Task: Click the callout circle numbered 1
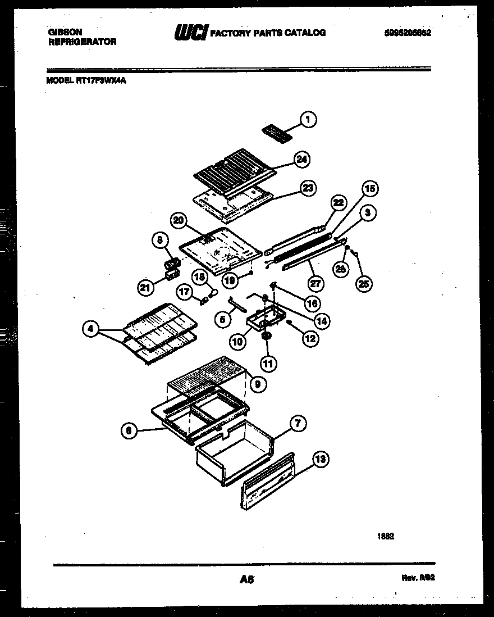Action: point(308,119)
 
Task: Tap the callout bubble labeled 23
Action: point(308,188)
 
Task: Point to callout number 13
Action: point(319,460)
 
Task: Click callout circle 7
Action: point(298,424)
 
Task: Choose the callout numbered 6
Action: point(129,430)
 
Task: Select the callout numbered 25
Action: point(364,284)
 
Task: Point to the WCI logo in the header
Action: point(191,33)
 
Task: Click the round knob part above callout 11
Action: point(266,336)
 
